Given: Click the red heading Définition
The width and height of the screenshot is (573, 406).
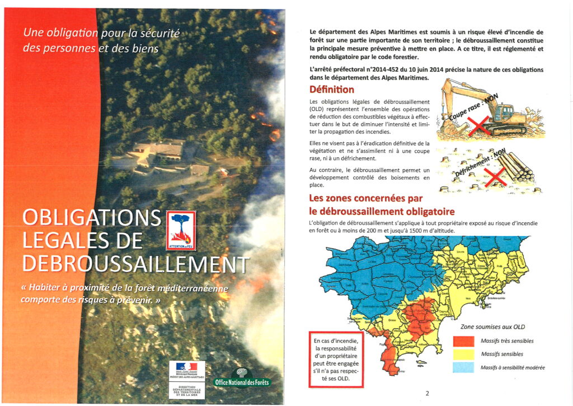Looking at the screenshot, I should coord(332,90).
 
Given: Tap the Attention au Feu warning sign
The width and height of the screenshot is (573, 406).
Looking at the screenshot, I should coord(181,230).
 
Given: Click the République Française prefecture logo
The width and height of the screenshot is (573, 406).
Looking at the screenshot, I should coord(187,370).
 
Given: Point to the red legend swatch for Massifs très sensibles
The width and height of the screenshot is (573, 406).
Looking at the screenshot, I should coord(463,341).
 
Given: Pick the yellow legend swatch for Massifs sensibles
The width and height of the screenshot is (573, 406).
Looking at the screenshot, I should coord(463,354).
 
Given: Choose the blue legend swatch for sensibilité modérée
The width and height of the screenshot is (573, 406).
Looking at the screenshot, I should coord(463,367).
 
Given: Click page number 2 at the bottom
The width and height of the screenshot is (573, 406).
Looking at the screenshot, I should coord(427,393).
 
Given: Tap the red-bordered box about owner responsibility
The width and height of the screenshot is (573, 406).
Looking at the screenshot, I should coord(336,359).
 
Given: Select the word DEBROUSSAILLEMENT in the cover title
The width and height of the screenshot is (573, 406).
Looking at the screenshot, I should coord(135,265).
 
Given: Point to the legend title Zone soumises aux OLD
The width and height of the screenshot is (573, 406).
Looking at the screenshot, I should coord(492,327).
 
